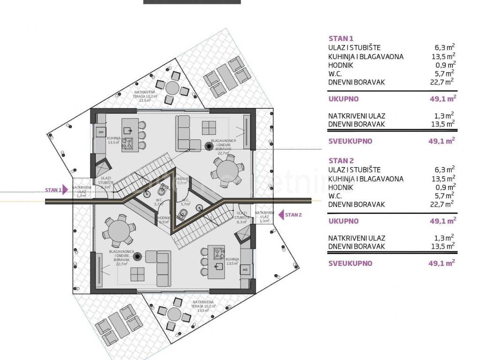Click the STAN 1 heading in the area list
pos(341,39)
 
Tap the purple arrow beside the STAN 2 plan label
pos(281,215)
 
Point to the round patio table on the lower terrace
pos(174,313)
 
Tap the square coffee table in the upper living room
pos(209,127)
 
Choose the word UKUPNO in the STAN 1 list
pos(344,99)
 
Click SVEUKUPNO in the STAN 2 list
pos(350,263)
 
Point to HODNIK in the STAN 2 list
pos(341,187)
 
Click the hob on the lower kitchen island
pos(219,254)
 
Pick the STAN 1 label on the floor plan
pos(53,190)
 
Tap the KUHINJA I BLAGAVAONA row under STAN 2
pos(366,179)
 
